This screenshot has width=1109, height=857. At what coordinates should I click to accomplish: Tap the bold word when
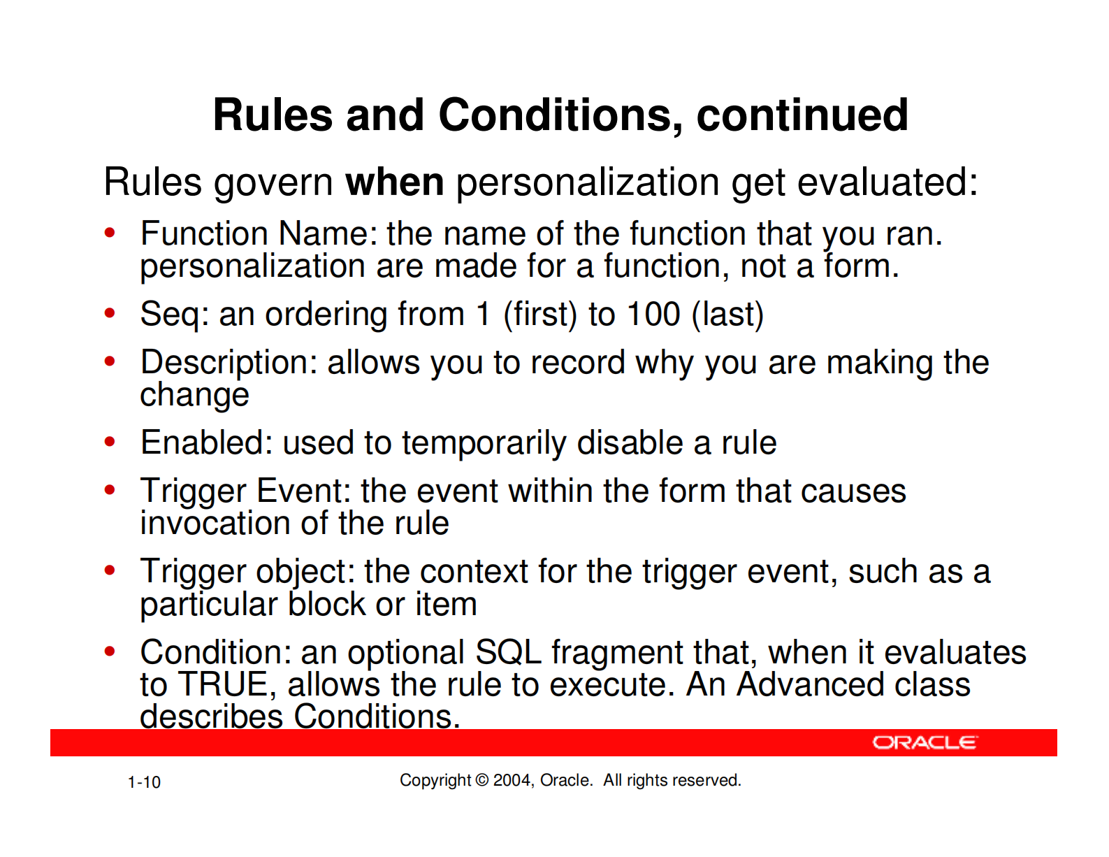[x=395, y=182]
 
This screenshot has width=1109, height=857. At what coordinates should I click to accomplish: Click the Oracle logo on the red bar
[x=925, y=742]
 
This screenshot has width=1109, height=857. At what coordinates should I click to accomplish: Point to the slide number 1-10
[x=144, y=782]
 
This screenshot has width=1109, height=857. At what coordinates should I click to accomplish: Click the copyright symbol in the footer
[x=481, y=780]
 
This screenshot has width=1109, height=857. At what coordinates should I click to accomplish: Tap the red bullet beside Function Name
[x=110, y=233]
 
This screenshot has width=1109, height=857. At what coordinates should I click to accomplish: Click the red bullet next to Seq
[x=110, y=313]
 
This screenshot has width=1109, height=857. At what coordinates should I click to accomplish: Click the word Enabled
[x=206, y=442]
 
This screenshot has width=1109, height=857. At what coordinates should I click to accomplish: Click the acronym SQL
[x=508, y=652]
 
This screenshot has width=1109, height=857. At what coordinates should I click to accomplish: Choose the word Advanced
[x=810, y=684]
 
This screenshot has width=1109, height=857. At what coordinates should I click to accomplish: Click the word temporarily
[x=484, y=444]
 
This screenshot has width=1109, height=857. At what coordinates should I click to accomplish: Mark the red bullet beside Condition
[x=110, y=651]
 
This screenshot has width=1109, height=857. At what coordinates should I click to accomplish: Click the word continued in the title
[x=802, y=115]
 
